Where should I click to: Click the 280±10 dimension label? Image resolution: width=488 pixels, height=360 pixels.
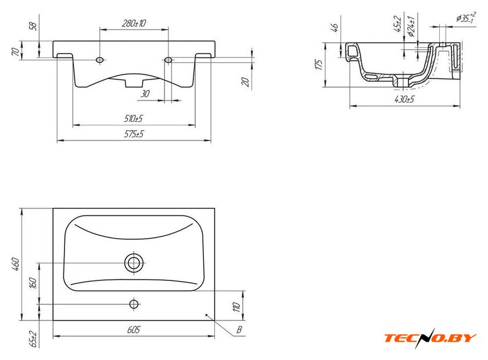tap(134, 23)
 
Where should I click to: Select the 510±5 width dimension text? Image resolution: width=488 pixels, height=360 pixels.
tap(134, 118)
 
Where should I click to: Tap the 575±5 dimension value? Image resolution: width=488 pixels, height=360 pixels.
tap(134, 134)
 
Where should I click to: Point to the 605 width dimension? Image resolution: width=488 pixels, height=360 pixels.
tap(134, 329)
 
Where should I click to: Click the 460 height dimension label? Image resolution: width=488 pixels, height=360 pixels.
tap(16, 264)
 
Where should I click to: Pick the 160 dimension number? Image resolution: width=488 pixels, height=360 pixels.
tap(33, 283)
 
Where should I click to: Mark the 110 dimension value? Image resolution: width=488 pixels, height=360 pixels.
tap(237, 307)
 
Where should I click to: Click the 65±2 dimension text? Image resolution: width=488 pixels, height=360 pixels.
tap(33, 339)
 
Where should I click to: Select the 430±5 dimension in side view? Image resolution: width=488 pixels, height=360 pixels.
tap(404, 99)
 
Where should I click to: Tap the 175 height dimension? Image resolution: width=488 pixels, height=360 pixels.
tap(318, 64)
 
